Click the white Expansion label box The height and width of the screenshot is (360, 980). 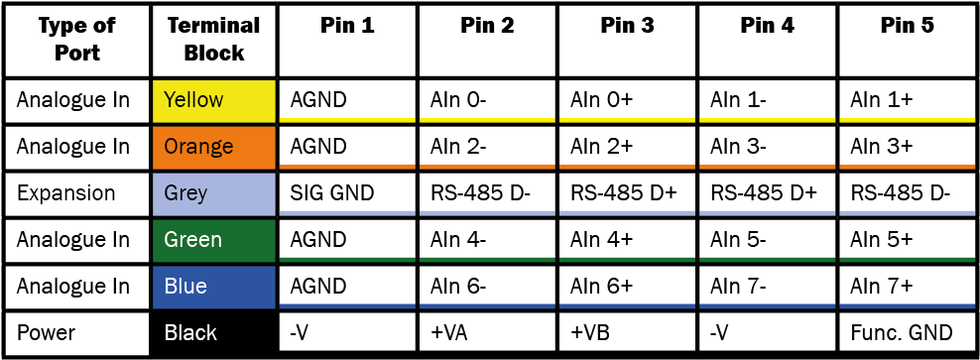pyautogui.click(x=75, y=193)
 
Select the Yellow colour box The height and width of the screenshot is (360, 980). pyautogui.click(x=213, y=101)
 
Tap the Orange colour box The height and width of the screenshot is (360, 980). pyautogui.click(x=213, y=147)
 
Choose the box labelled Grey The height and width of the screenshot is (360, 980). pyautogui.click(x=213, y=193)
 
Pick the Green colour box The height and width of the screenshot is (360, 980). pyautogui.click(x=213, y=240)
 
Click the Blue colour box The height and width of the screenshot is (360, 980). pyautogui.click(x=213, y=287)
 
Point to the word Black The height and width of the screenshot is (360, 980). pyautogui.click(x=190, y=333)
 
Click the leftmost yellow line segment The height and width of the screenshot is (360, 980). pyautogui.click(x=347, y=120)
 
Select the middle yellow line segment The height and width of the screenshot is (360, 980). pyautogui.click(x=627, y=120)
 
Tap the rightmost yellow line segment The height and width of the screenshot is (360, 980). pyautogui.click(x=907, y=120)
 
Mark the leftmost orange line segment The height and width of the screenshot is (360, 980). pyautogui.click(x=347, y=167)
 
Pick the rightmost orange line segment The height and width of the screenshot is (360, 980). pyautogui.click(x=907, y=167)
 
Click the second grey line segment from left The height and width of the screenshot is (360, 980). pyautogui.click(x=487, y=212)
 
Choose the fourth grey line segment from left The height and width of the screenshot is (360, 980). pyautogui.click(x=767, y=212)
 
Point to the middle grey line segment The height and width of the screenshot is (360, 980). pyautogui.click(x=627, y=212)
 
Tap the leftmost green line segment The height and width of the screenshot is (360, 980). pyautogui.click(x=347, y=259)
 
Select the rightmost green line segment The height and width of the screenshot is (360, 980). pyautogui.click(x=907, y=259)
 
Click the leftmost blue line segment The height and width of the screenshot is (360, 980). pyautogui.click(x=347, y=305)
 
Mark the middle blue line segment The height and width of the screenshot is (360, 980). pyautogui.click(x=627, y=305)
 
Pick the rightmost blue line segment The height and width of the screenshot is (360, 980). pyautogui.click(x=907, y=305)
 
